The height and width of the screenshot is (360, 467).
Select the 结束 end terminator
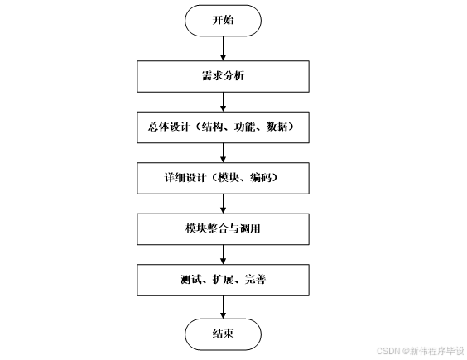[x=223, y=334]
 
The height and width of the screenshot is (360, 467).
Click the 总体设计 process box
[x=223, y=127]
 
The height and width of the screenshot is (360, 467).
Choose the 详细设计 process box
[x=223, y=178]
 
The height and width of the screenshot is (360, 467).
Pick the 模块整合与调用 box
[x=223, y=228]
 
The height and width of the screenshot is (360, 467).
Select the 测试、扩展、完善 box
[x=223, y=279]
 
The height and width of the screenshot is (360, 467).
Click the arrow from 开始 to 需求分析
[x=223, y=48]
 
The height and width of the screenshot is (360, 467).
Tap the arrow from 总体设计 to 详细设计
[x=223, y=152]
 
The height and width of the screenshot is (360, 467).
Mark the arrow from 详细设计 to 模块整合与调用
[x=223, y=203]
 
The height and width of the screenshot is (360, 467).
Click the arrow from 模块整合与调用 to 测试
[x=223, y=253]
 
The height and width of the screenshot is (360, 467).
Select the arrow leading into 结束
[x=223, y=306]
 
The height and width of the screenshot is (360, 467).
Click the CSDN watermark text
[x=416, y=350]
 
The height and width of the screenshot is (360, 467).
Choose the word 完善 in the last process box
[x=255, y=279]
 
